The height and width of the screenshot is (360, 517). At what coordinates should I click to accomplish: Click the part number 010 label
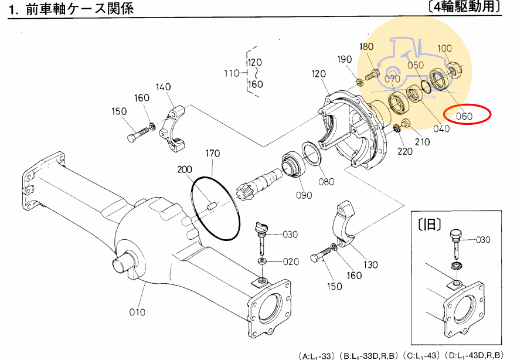(x=137, y=312)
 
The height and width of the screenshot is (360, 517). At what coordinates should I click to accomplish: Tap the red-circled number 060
(x=464, y=116)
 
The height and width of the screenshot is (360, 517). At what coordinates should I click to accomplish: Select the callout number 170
(x=212, y=154)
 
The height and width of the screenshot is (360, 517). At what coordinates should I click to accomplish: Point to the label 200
(x=185, y=169)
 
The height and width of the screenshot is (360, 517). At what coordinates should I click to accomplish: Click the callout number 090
(x=304, y=195)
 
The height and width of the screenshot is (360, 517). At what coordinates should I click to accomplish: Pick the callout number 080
(x=326, y=181)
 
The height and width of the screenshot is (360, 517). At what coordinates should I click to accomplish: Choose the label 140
(x=164, y=87)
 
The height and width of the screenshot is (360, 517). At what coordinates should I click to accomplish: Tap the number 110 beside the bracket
(x=232, y=73)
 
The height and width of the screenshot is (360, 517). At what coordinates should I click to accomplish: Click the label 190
(x=345, y=59)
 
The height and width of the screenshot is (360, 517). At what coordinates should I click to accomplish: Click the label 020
(x=290, y=261)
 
